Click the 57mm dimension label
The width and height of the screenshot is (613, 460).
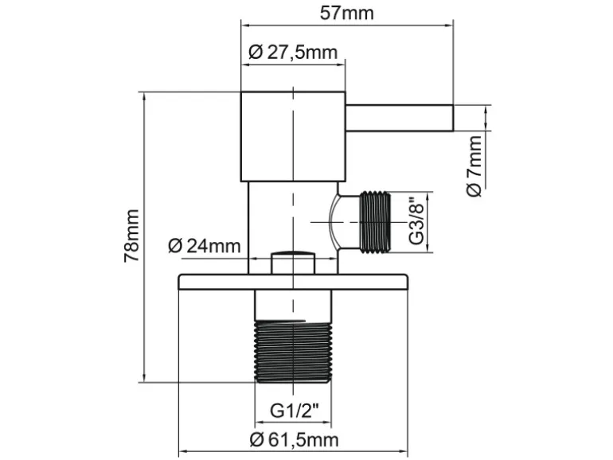coord(347,14)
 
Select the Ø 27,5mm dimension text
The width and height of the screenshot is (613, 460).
coord(293,52)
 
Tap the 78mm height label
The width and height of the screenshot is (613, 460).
coord(131,236)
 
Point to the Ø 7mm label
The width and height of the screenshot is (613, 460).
coord(474,166)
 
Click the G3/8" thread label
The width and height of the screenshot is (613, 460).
coord(417,222)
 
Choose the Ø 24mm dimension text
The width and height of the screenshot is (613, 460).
coord(205,246)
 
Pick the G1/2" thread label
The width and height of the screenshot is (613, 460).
coord(295,411)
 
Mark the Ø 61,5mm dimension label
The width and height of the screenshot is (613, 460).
coord(295,440)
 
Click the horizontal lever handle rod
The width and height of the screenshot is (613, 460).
coord(399,118)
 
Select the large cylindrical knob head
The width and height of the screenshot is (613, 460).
coord(293,137)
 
